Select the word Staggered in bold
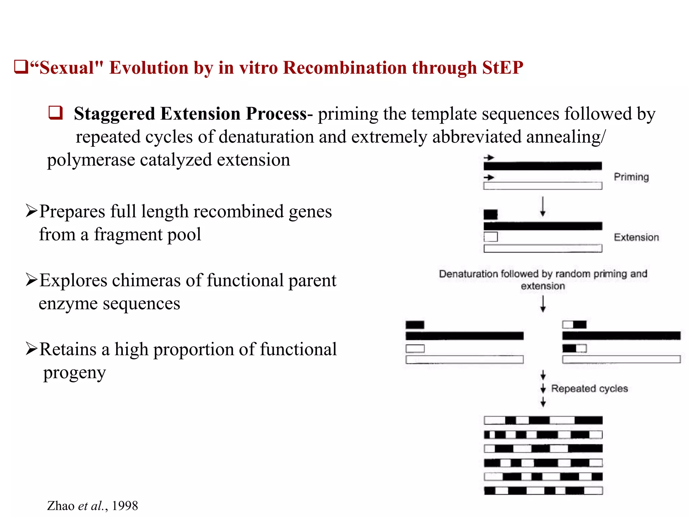click(x=114, y=113)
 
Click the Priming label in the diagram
click(x=631, y=177)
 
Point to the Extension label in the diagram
click(x=636, y=237)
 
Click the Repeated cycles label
click(x=589, y=388)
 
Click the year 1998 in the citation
click(x=125, y=506)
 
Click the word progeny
click(x=74, y=373)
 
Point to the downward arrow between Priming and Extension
click(x=542, y=206)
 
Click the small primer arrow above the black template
click(x=489, y=158)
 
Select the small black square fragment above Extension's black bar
click(x=491, y=214)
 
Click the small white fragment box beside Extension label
click(x=491, y=237)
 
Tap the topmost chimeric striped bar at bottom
click(x=543, y=420)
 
